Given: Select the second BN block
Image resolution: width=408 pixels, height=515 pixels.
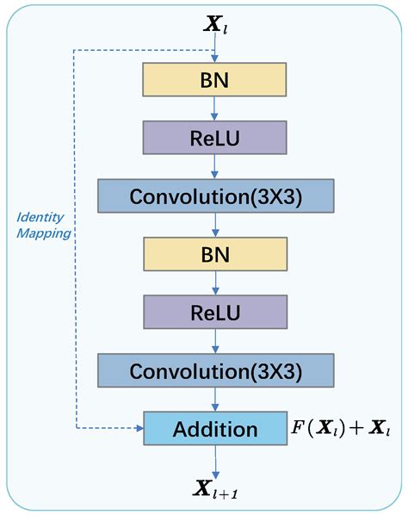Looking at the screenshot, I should click(213, 255).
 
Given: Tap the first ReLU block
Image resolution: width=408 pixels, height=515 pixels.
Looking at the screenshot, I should click(213, 137).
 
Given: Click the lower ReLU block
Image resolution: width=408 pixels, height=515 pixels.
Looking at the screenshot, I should click(213, 312).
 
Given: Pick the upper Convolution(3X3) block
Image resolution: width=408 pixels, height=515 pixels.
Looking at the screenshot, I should click(215, 195).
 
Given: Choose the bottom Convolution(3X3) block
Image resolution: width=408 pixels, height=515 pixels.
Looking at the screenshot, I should click(215, 370).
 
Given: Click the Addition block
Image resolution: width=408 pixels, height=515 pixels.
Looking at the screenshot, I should click(215, 428).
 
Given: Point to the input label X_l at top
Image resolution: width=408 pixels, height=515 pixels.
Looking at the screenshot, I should click(213, 24).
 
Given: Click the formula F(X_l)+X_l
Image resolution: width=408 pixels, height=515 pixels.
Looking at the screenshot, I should click(340, 428).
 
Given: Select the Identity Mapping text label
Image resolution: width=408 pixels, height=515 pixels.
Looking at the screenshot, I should click(42, 224).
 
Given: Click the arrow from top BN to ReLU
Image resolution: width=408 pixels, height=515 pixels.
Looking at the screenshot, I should click(214, 109).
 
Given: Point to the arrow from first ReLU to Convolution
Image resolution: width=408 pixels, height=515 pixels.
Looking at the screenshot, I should click(214, 166).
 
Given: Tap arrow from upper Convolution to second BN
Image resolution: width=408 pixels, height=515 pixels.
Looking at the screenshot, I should click(214, 225).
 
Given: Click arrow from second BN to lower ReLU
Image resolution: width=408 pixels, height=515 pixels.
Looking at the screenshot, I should click(214, 283).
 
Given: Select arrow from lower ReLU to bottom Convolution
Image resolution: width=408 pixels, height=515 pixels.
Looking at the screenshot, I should click(214, 341).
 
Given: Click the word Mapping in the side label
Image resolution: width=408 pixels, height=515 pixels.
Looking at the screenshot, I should click(43, 232).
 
